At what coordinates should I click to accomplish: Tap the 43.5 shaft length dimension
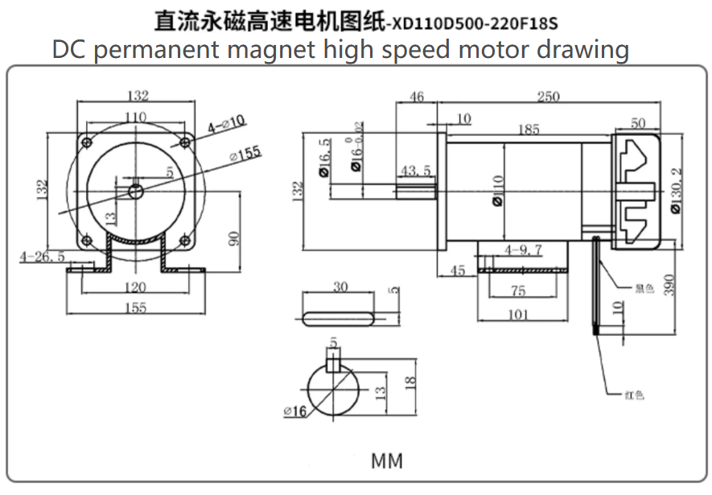[x=416, y=171]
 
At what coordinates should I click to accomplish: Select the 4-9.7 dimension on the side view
[x=522, y=251]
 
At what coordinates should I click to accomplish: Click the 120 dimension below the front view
[x=135, y=287]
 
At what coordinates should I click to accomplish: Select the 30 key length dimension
[x=340, y=287]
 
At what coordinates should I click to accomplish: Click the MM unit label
[x=386, y=461]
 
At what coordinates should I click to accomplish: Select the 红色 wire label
[x=634, y=394]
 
